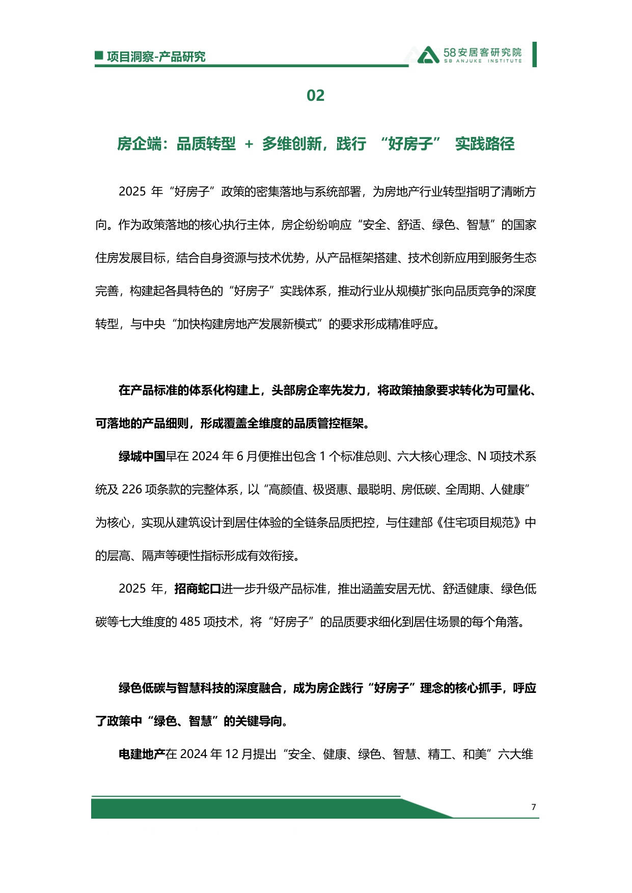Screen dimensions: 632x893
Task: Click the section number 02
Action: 315,96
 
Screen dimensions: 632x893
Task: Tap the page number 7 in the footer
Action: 533,807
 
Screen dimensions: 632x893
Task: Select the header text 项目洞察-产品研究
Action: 156,57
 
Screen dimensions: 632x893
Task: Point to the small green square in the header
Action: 99,55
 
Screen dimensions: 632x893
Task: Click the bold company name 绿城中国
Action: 142,457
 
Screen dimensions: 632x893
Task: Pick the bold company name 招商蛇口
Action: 197,589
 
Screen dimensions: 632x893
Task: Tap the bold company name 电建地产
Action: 142,755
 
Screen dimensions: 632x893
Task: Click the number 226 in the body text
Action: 131,490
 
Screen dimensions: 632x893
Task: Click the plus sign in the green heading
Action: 249,145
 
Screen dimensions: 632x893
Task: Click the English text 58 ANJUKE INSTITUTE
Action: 482,61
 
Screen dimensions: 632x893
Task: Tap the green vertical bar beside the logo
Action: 534,54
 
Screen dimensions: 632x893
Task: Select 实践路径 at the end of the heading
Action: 484,144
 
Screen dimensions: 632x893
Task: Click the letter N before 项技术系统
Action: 482,457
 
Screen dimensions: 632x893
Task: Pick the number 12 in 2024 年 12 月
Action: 231,755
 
